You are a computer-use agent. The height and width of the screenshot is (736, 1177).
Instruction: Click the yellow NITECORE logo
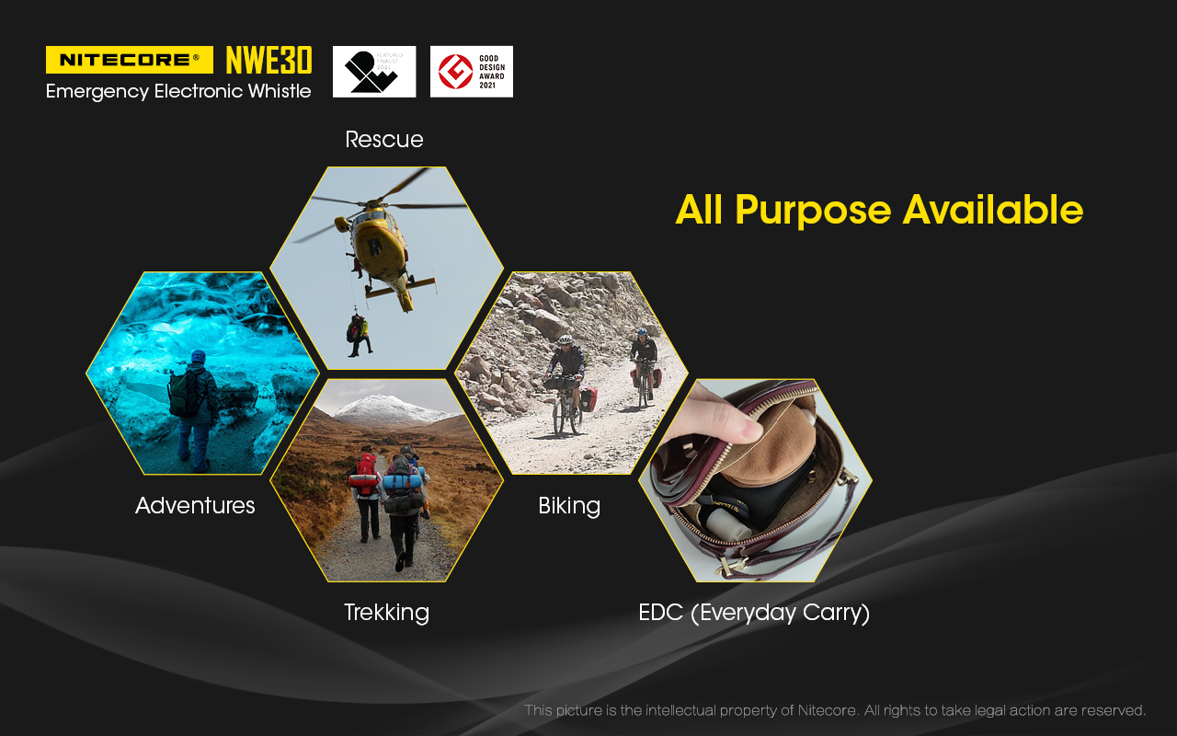click(130, 60)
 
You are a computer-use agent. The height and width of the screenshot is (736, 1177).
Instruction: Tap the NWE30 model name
click(269, 60)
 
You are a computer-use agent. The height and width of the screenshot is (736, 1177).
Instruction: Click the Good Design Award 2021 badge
click(472, 72)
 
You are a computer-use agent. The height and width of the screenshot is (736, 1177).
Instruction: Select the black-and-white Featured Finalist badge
click(374, 72)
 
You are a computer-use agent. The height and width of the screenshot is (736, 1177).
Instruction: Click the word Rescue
click(384, 139)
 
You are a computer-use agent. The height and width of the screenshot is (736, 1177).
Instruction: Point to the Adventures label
click(195, 506)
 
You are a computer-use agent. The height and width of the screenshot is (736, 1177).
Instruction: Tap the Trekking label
click(387, 613)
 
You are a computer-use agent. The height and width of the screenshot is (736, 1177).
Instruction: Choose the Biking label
click(569, 506)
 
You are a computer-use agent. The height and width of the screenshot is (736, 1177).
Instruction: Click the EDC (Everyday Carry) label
click(754, 613)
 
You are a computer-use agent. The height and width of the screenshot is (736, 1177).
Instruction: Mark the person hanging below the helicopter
click(359, 335)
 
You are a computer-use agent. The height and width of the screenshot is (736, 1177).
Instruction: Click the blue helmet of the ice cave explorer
click(198, 356)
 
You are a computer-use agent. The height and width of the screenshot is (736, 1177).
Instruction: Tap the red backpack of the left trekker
click(366, 473)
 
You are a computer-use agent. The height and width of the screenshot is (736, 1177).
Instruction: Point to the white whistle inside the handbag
click(729, 521)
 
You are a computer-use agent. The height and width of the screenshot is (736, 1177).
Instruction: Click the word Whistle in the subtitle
click(280, 91)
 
